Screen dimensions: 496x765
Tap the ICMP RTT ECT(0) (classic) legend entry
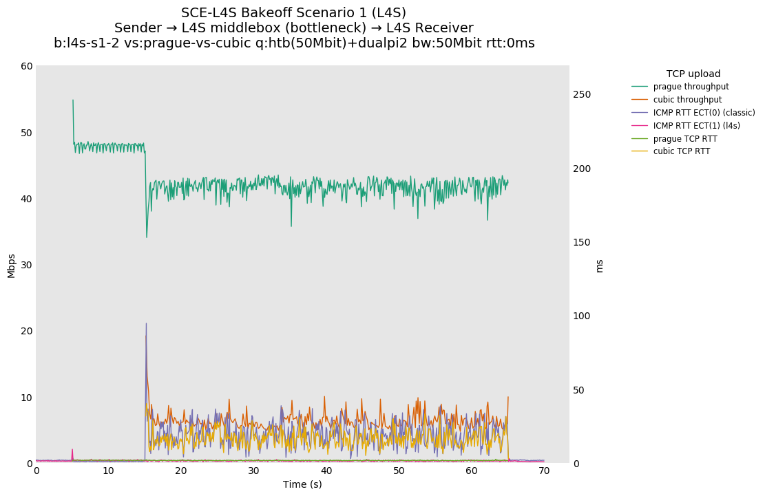point(704,113)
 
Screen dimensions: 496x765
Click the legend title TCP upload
point(693,74)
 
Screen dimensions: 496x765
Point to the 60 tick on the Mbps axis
point(27,66)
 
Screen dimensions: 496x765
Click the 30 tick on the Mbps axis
point(27,265)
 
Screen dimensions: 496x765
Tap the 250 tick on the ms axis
point(583,94)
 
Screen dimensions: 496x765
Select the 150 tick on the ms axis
point(583,242)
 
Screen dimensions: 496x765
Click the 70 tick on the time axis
point(544,471)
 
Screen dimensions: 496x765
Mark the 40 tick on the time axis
point(326,471)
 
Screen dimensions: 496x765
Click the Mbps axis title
point(11,265)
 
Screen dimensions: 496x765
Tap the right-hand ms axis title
point(599,265)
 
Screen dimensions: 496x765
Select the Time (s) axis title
point(302,484)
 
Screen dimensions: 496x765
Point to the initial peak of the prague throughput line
point(73,100)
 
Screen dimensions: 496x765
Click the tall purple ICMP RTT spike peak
point(146,323)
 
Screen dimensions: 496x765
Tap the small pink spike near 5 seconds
point(72,450)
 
